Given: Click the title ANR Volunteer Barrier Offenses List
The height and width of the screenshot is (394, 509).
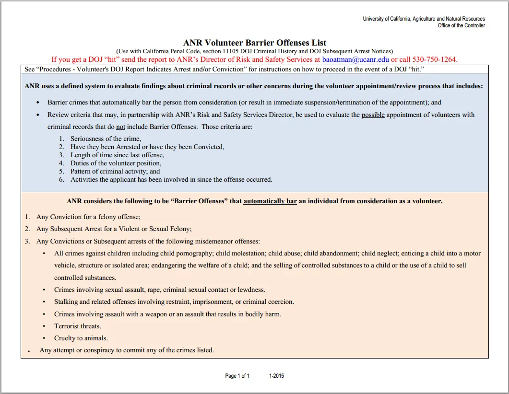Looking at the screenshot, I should [x=255, y=43].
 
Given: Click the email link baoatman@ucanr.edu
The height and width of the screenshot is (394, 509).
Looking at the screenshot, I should [x=355, y=59].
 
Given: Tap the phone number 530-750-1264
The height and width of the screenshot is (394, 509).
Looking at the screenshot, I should [x=427, y=59].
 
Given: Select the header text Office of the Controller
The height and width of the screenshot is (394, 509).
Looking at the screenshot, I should [x=461, y=25].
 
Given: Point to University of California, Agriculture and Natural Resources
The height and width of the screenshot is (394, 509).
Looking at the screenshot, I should [x=424, y=19].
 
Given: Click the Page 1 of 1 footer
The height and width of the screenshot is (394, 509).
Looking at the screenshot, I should [x=237, y=376].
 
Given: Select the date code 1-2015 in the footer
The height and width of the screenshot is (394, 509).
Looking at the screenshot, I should [x=277, y=376].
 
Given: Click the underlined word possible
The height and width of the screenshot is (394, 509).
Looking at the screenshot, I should [x=373, y=115].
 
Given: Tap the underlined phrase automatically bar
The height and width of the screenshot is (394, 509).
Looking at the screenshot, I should [x=270, y=201].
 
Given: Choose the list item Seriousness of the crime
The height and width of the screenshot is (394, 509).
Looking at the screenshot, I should [x=106, y=139].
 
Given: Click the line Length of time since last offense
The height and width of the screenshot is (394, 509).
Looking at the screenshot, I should [x=117, y=155].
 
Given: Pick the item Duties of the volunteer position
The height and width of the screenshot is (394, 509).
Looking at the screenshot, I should [x=116, y=163].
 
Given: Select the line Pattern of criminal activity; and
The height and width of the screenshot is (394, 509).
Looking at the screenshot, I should [x=115, y=172].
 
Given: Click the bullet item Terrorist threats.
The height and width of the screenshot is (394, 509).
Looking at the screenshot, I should [x=78, y=326].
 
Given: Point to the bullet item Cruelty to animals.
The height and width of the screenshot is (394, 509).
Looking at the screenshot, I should [x=81, y=338].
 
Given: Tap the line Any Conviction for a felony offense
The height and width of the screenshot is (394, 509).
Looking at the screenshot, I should [x=88, y=217].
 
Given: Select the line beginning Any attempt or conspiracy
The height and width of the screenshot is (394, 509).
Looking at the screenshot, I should [x=127, y=350].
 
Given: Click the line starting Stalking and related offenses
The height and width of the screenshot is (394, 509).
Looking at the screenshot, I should [x=174, y=302].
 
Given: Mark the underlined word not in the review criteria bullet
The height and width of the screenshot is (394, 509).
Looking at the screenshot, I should [x=121, y=127].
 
